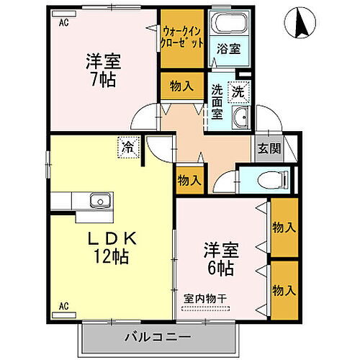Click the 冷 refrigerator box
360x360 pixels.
127,148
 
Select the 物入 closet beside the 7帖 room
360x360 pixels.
181,86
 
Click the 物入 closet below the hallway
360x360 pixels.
189,181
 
